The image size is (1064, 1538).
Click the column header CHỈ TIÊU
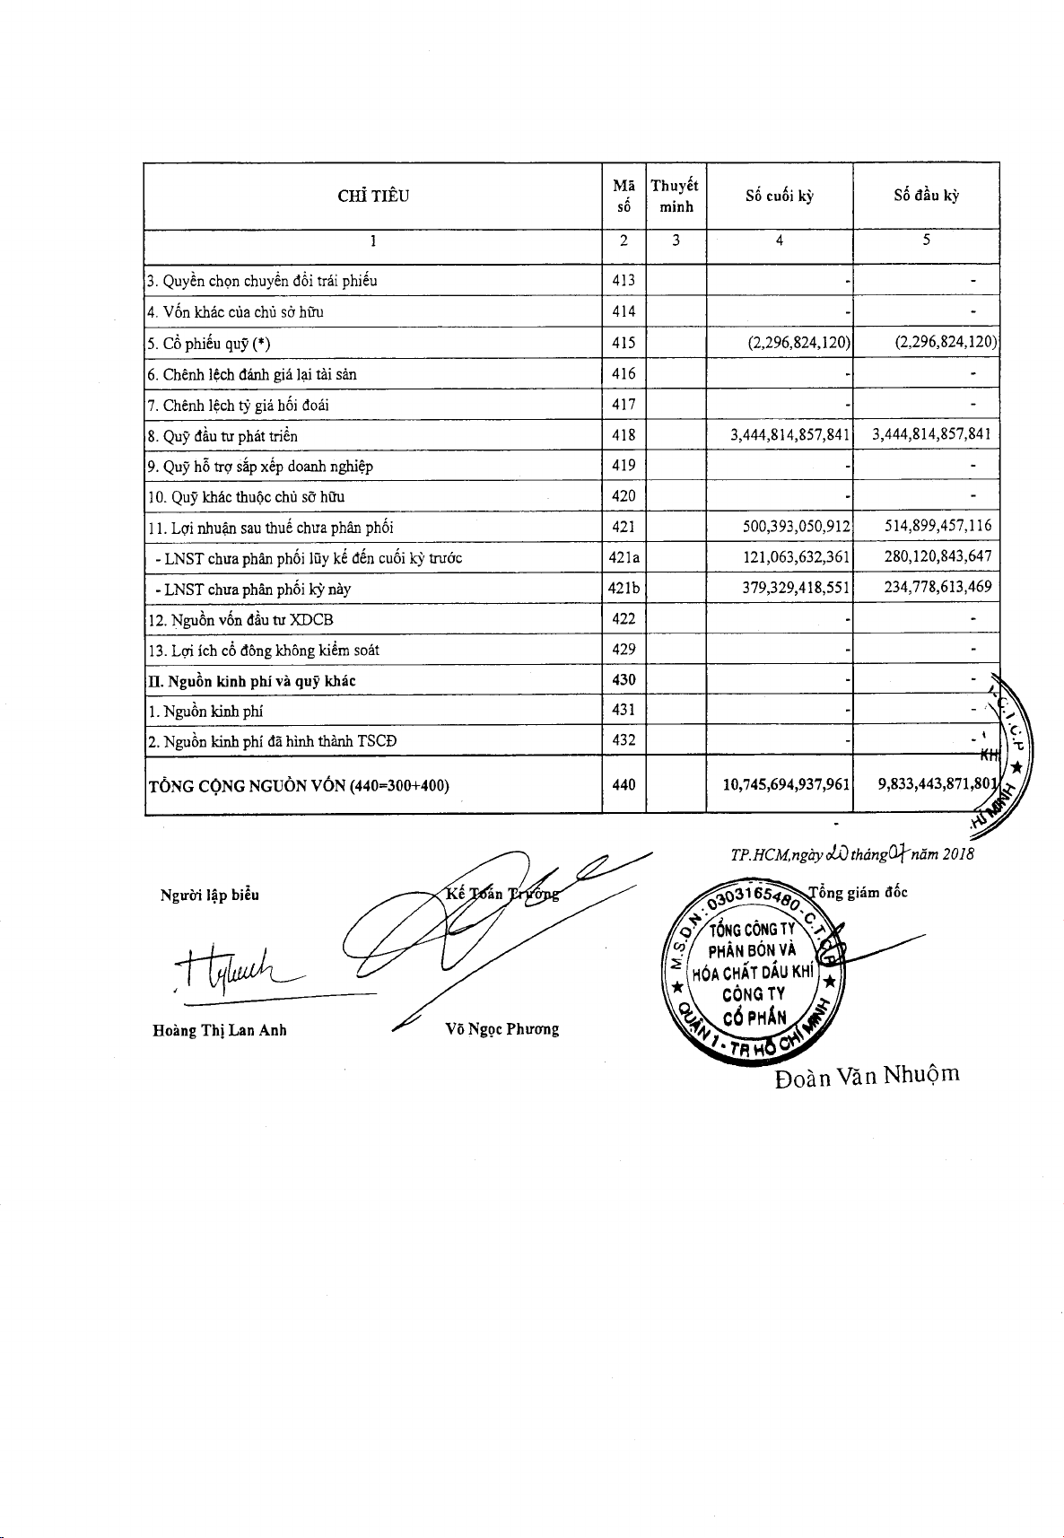[373, 197]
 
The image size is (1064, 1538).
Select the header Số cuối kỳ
[779, 197]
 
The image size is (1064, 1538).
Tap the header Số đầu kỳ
[926, 197]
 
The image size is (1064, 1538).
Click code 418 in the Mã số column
[624, 435]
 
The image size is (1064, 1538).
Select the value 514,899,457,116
[938, 527]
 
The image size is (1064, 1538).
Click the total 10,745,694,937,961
[786, 785]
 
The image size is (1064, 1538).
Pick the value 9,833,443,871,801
[937, 785]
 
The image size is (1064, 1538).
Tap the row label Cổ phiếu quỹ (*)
[208, 344]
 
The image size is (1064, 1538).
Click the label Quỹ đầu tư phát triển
[222, 436]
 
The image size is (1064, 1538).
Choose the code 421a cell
[624, 557]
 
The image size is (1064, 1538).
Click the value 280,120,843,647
[938, 557]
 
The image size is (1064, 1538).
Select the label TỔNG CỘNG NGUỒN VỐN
[298, 786]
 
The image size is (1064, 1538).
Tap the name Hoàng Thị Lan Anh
[220, 1030]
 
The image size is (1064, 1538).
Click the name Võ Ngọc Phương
[501, 1029]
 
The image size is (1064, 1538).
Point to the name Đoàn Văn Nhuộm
[867, 1075]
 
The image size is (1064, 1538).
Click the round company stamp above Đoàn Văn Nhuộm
[756, 974]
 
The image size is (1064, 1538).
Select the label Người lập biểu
[209, 895]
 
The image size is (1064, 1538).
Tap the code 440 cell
[624, 785]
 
